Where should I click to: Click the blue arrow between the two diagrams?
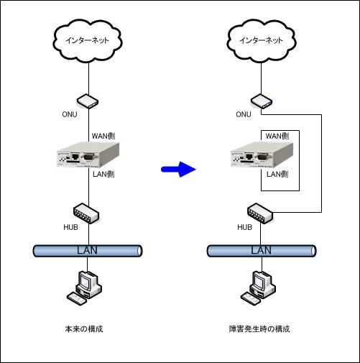pos(178,170)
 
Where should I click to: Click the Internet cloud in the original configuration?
pos(88,41)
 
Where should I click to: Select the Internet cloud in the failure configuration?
pos(262,41)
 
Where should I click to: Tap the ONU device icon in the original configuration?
pos(88,101)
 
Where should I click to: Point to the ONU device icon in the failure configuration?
pos(262,101)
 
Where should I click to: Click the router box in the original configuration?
pos(88,155)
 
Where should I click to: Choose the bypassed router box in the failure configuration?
pos(262,155)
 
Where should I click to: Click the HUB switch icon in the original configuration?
pos(86,213)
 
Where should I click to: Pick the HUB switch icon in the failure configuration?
pos(260,213)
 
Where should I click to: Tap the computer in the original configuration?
pos(84,288)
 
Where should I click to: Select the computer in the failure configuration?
pos(258,288)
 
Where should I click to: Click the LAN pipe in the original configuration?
pos(88,251)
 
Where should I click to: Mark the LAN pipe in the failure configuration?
pos(262,251)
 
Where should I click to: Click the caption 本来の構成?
pos(84,328)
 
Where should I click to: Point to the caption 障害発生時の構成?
pos(259,328)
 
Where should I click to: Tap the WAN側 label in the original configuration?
pos(103,136)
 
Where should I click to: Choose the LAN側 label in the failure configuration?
pos(277,174)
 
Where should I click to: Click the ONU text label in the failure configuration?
pos(244,114)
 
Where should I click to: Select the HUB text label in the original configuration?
pos(70,227)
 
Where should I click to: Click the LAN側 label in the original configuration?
pos(103,174)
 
